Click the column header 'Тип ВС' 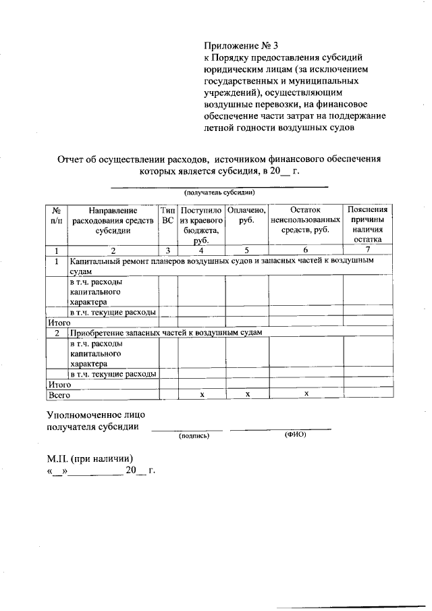coord(168,216)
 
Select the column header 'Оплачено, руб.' coord(246,216)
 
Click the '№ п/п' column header coord(57,216)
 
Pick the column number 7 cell coord(367,250)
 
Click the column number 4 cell coord(201,250)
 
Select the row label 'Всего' coord(57,394)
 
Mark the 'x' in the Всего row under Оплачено coord(248,394)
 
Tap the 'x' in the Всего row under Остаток coord(306,394)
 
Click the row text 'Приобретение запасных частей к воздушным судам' coord(165,333)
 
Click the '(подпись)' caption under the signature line coord(194,435)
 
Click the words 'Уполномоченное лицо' coord(95,414)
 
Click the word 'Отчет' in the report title coord(71,159)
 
